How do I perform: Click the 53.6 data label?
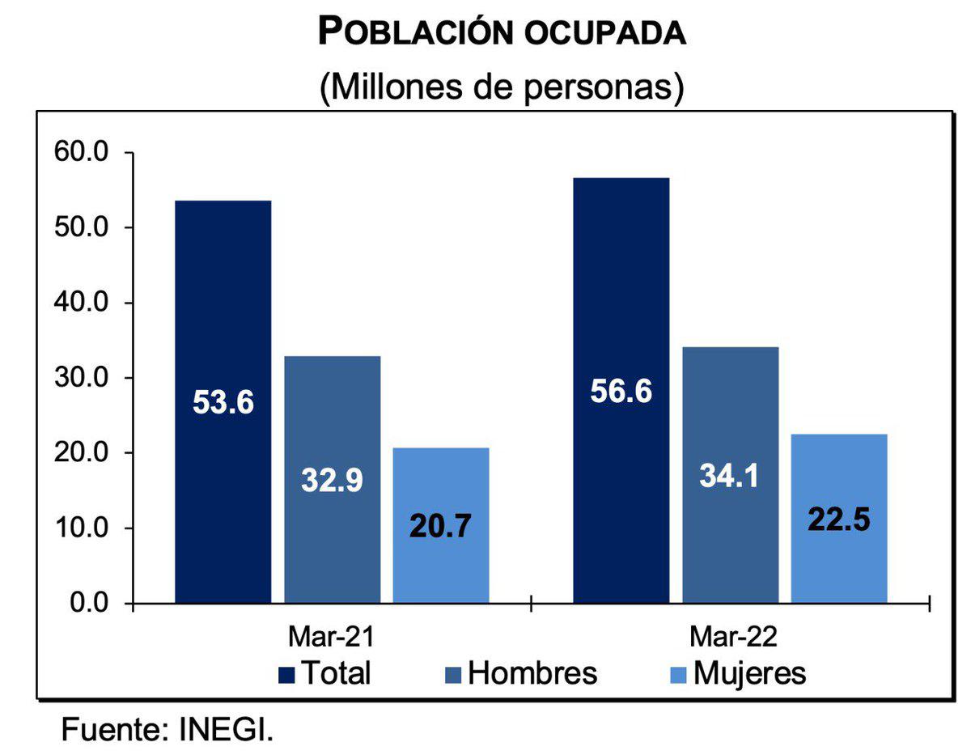click(x=223, y=402)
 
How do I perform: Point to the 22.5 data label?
click(x=839, y=519)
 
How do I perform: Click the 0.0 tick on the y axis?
click(x=87, y=603)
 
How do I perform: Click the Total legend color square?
click(x=286, y=674)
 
